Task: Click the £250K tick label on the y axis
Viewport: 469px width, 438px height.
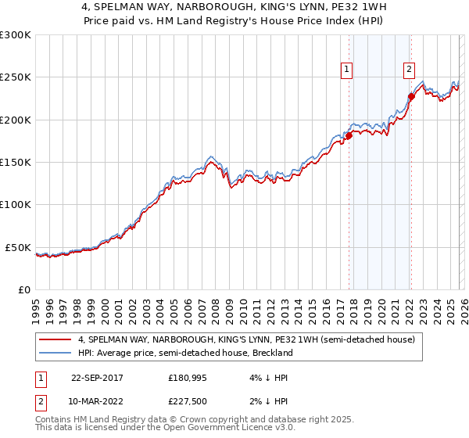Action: pyautogui.click(x=16, y=77)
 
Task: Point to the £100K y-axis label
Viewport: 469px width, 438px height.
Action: pyautogui.click(x=16, y=205)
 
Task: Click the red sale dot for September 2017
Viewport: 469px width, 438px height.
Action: pyautogui.click(x=349, y=136)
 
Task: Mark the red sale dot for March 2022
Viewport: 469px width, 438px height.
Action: pyautogui.click(x=410, y=97)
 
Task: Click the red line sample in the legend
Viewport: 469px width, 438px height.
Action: pyautogui.click(x=55, y=339)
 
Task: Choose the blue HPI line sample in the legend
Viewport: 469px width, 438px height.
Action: pyautogui.click(x=55, y=353)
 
